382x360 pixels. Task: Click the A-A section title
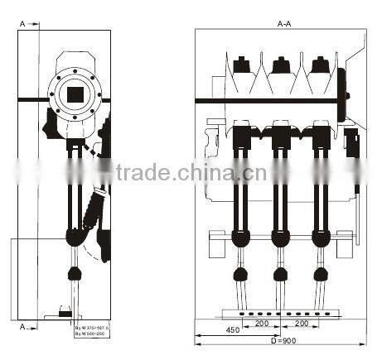(284, 25)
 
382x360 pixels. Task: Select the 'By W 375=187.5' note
(92, 328)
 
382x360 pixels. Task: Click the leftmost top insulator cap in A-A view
(242, 64)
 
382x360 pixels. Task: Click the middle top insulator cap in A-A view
(281, 64)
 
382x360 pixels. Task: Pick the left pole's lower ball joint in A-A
(241, 275)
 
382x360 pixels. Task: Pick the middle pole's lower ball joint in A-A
(280, 275)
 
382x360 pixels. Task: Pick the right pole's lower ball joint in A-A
(319, 275)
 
